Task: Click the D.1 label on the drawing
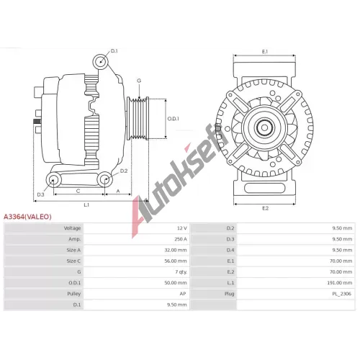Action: (x=114, y=51)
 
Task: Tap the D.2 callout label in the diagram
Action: (x=124, y=171)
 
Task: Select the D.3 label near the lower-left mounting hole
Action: (x=40, y=194)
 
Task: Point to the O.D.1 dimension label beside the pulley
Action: (x=173, y=119)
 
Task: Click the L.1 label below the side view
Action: (x=86, y=204)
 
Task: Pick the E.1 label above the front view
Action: (x=265, y=51)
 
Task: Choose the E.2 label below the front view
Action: (x=265, y=208)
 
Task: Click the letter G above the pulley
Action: (x=139, y=81)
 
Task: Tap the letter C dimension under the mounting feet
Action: (x=78, y=191)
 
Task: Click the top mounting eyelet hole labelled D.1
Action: (x=100, y=61)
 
